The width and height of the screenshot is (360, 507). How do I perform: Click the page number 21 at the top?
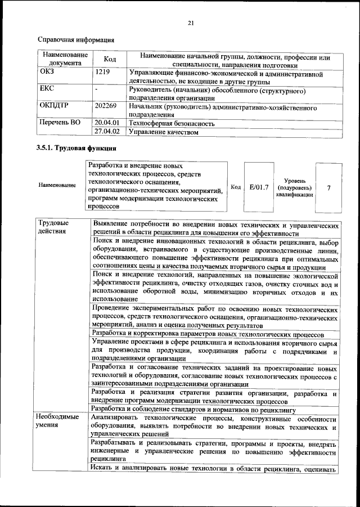[x=190, y=23]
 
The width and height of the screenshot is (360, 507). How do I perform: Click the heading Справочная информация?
[x=75, y=41]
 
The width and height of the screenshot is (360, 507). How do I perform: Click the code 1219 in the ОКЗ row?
[x=102, y=73]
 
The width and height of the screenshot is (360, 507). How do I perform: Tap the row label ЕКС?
[x=47, y=89]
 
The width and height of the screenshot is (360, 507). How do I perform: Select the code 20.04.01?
[x=107, y=122]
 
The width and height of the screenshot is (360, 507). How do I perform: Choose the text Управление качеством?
[x=164, y=132]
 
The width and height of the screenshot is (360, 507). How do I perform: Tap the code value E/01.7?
[x=258, y=187]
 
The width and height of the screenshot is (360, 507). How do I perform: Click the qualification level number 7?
[x=328, y=187]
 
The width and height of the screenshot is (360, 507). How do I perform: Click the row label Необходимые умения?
[x=58, y=422]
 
